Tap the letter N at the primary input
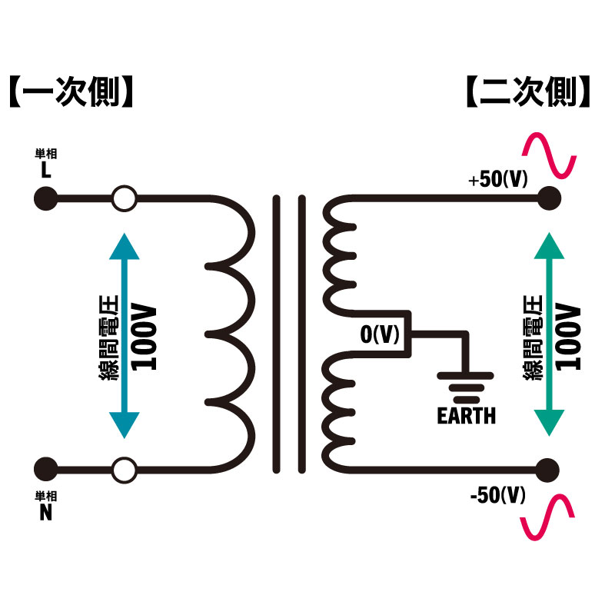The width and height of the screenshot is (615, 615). click(45, 514)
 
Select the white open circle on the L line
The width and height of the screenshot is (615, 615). click(124, 199)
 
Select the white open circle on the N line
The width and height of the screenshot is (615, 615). click(124, 468)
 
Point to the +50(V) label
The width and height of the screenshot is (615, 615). click(498, 180)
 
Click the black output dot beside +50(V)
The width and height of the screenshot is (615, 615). click(548, 199)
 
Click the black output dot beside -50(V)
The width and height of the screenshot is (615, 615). click(548, 468)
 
